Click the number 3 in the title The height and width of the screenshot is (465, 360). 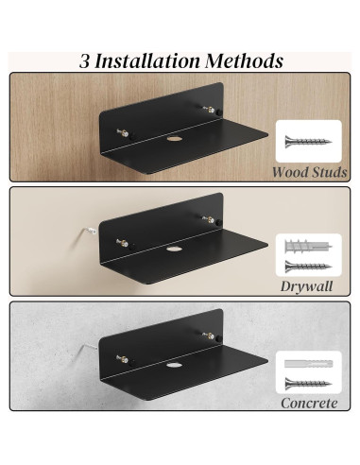(84, 61)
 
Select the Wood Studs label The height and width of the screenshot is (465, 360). (309, 172)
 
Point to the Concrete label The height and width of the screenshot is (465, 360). (309, 402)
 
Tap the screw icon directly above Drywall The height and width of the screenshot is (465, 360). (309, 267)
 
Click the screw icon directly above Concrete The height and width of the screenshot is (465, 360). (309, 384)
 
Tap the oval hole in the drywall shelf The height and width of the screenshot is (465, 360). (176, 252)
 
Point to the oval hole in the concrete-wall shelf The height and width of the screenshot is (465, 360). (176, 366)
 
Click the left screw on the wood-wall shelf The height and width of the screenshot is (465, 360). (121, 133)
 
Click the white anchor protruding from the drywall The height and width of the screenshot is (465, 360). (86, 231)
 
